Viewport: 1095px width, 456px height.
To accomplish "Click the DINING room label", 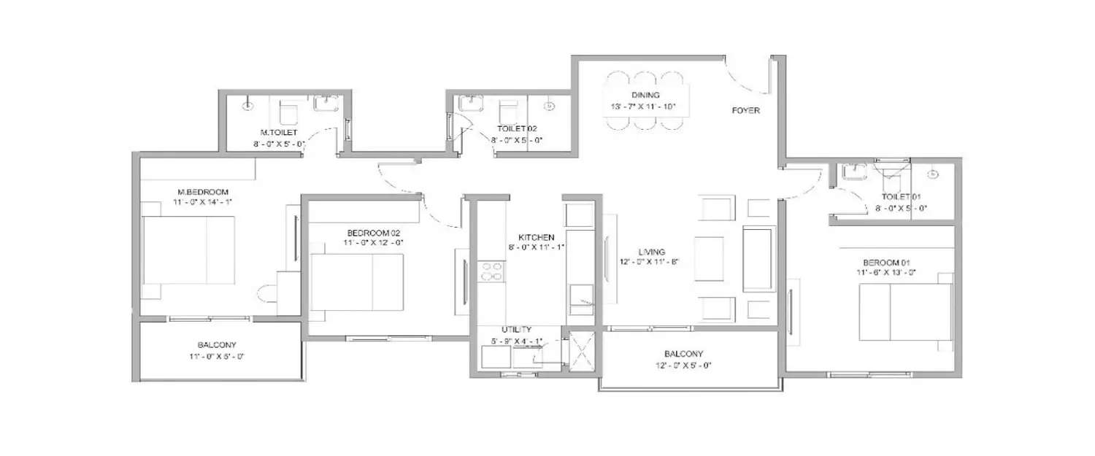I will coord(645,96).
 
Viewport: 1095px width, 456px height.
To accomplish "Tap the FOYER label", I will coord(745,111).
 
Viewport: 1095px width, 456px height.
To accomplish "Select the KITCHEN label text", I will coord(536,237).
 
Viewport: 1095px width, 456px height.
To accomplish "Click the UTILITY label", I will coord(516,330).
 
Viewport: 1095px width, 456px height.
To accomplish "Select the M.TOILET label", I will coord(278,133).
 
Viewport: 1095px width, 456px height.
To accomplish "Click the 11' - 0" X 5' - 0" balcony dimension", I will coord(217,357).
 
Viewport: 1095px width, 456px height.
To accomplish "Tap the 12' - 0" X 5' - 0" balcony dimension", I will coord(684,366).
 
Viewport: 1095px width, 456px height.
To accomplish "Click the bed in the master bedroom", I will coord(189,250).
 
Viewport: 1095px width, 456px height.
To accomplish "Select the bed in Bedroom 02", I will coord(357,282).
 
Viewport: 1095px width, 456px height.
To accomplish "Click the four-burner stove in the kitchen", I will coord(492,272).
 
